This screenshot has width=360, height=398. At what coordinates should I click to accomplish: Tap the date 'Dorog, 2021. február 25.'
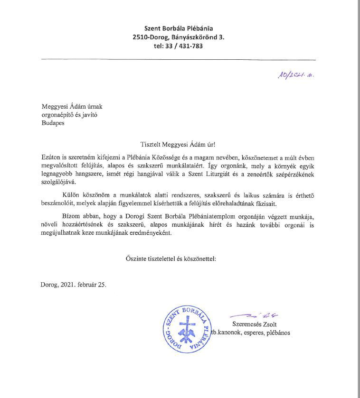point(74,285)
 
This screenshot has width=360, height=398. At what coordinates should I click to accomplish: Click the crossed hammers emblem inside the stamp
point(182,329)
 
